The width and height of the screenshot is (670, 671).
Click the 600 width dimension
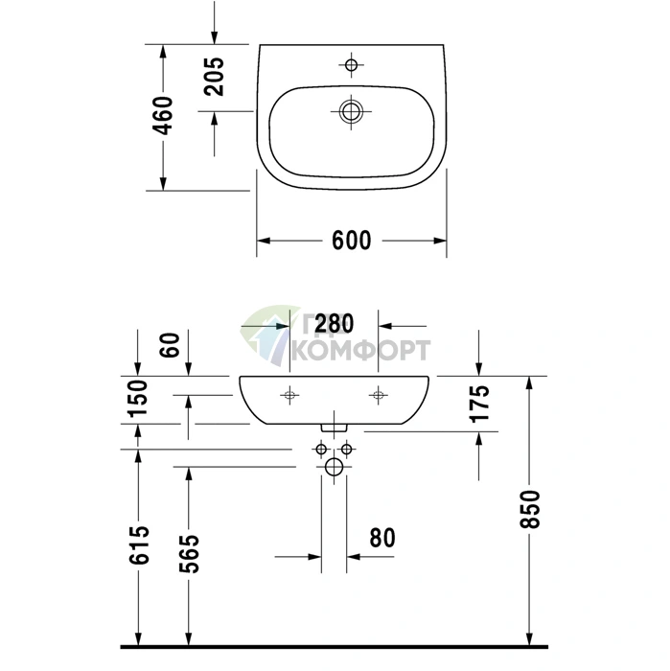point(351,240)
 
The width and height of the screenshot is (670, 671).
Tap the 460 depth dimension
point(164,116)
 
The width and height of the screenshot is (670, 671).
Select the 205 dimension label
point(214,77)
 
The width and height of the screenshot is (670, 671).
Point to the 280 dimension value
point(335,324)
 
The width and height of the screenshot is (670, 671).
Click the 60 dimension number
point(170,345)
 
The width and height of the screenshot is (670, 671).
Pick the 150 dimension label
point(138,398)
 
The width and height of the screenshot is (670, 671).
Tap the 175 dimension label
point(479,404)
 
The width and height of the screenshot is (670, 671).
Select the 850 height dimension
point(530,509)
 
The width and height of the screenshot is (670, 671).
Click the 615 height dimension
point(139,544)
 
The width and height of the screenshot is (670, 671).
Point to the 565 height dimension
point(189,554)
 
